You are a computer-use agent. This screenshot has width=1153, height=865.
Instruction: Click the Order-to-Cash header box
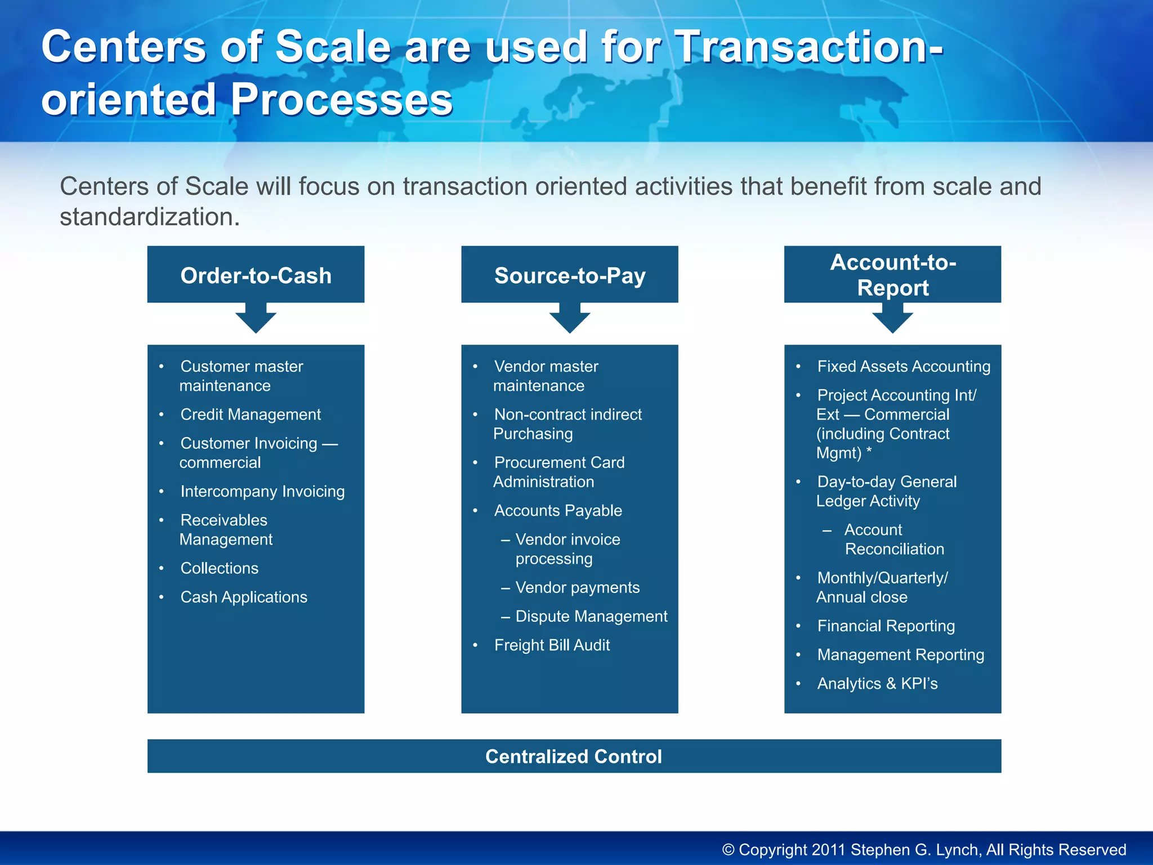tap(256, 275)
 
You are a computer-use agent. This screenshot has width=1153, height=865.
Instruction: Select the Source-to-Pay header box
tap(569, 275)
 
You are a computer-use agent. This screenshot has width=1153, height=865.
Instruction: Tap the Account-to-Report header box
tap(892, 275)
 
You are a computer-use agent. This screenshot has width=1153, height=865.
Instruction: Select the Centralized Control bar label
tap(574, 756)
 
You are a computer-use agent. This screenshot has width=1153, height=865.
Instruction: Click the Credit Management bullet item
tap(251, 414)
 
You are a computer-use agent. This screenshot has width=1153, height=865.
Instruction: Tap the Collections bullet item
tap(219, 568)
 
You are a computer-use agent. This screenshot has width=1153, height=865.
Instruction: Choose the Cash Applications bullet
tap(244, 597)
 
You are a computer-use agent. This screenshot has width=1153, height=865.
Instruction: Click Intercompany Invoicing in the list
tap(262, 492)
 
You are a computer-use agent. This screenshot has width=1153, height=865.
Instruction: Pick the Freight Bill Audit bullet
tap(552, 645)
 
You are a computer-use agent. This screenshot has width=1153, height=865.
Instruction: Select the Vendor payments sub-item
tap(577, 587)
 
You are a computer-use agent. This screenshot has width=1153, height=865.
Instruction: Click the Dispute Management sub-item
tap(591, 616)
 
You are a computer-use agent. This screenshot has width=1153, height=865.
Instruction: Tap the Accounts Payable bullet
tap(558, 511)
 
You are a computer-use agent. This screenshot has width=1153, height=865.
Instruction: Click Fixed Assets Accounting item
tap(903, 367)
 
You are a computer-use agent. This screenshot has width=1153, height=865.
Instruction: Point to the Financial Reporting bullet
tap(886, 626)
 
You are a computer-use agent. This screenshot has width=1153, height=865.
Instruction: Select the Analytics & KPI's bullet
tap(877, 684)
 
